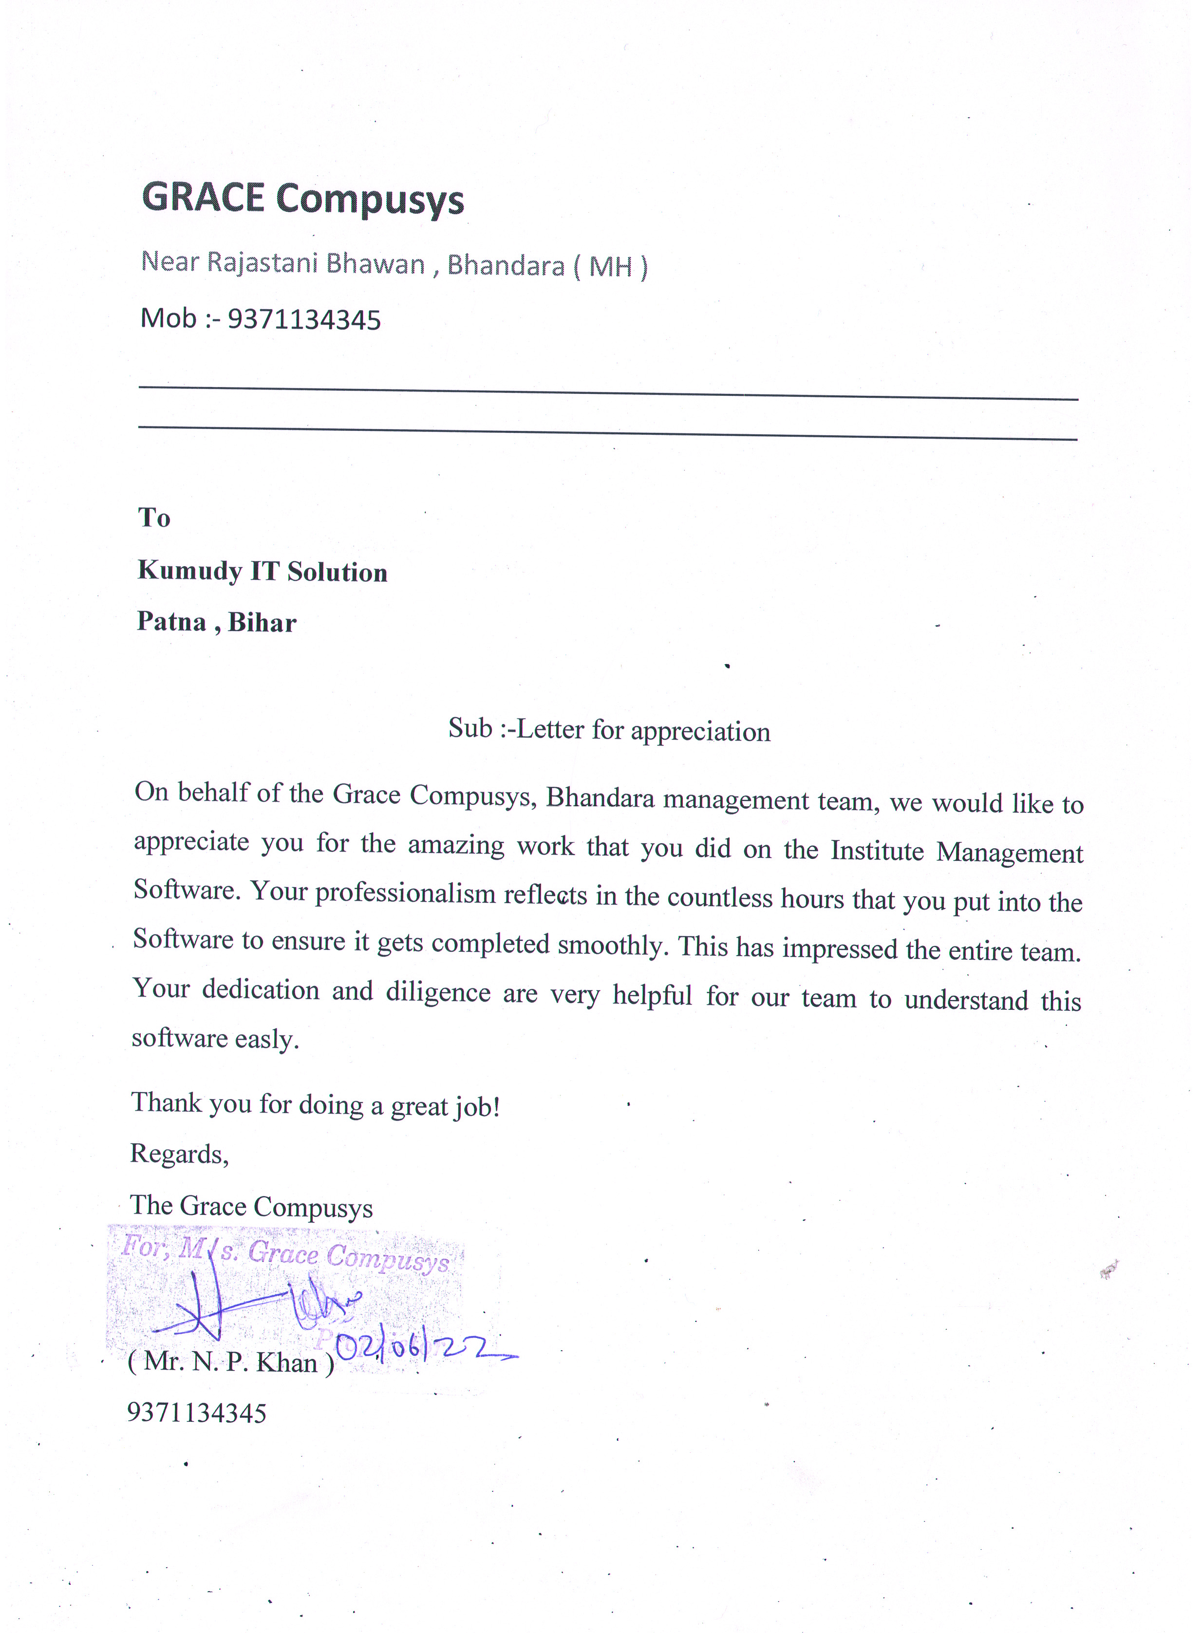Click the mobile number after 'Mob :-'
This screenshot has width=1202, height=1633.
[304, 319]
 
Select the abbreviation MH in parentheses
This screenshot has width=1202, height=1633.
[610, 267]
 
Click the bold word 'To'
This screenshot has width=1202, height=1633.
[154, 518]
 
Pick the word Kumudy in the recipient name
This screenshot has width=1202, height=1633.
[189, 571]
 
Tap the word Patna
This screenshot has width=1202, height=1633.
[172, 621]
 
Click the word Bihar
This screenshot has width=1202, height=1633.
[262, 623]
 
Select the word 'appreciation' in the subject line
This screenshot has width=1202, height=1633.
[700, 731]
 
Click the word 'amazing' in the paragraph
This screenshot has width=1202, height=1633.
[455, 845]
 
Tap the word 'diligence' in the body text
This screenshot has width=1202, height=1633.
[438, 992]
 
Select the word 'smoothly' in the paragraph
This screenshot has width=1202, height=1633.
[612, 945]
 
